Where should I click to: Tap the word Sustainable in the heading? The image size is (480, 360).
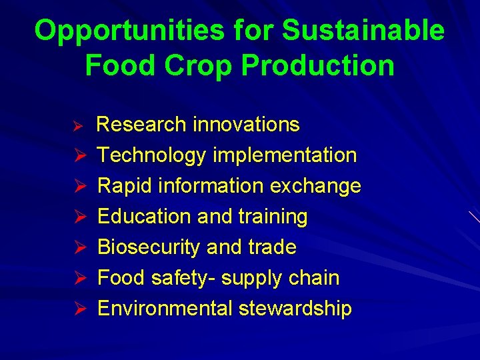click(363, 31)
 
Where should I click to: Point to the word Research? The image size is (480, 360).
click(141, 125)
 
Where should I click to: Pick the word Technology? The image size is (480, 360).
click(152, 155)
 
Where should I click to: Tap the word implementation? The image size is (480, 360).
click(285, 155)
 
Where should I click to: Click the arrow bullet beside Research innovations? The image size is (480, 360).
click(77, 125)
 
